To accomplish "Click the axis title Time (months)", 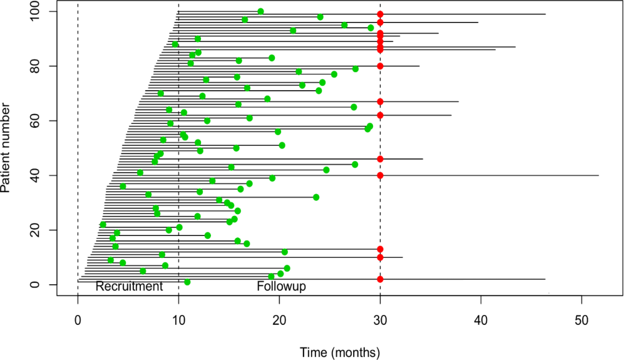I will [339, 351].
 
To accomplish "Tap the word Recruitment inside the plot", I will [129, 287].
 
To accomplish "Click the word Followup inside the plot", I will [281, 287].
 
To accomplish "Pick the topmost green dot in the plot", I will [260, 11].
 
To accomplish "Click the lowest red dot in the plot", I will [380, 279].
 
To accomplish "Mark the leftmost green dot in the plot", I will [103, 224].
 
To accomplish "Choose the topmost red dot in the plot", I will [380, 14].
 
